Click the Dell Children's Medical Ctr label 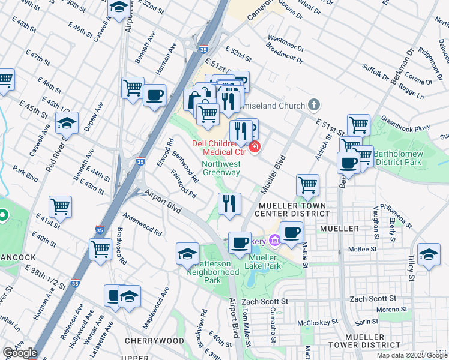(x=220, y=148)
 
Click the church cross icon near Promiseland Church (x=313, y=106)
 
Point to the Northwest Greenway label (x=221, y=168)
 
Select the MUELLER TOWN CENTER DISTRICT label (x=291, y=209)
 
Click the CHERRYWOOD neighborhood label (x=154, y=340)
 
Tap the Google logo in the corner (x=19, y=353)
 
